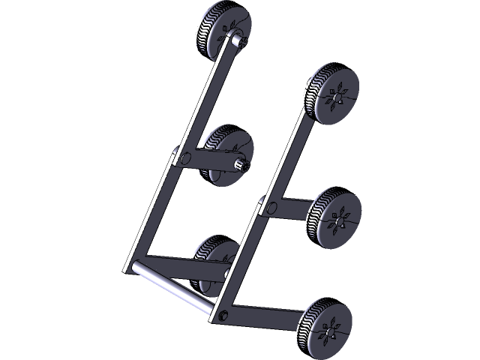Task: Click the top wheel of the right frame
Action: pos(332,93)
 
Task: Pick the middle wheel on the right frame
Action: pos(334,217)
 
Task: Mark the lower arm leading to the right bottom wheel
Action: pos(262,315)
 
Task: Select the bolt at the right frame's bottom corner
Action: pos(222,314)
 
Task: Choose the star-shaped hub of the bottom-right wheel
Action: pos(328,331)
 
